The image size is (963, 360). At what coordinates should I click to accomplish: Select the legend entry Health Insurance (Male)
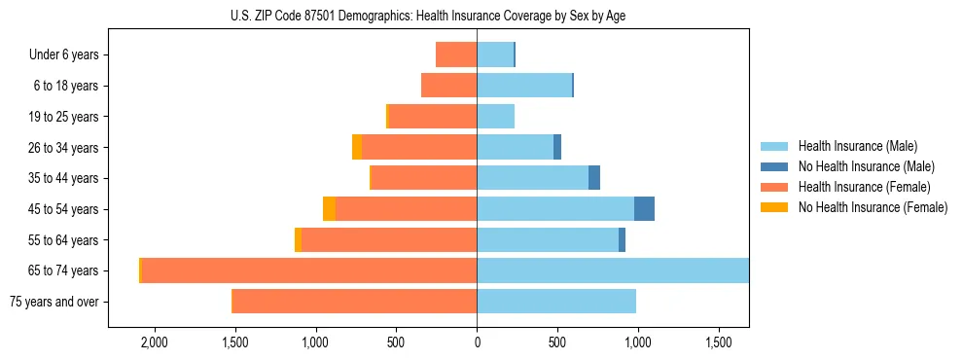click(x=856, y=146)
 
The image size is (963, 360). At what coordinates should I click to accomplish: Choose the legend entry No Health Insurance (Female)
click(x=872, y=207)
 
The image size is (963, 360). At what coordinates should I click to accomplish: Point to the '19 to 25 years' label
click(x=63, y=117)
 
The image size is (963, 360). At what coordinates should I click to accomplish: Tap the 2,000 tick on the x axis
click(x=154, y=343)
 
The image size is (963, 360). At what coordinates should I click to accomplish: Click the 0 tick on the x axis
click(x=477, y=343)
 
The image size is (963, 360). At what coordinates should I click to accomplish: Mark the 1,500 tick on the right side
click(x=719, y=343)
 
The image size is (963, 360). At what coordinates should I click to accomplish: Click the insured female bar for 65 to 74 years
click(x=308, y=270)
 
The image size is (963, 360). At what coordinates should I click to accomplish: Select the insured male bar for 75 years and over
click(x=556, y=302)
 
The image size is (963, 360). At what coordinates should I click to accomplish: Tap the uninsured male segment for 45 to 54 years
click(x=644, y=209)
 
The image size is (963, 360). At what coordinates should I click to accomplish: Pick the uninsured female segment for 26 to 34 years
click(x=357, y=147)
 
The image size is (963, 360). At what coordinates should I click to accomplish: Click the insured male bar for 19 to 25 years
click(x=495, y=117)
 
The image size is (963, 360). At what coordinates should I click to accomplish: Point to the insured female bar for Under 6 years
click(x=456, y=54)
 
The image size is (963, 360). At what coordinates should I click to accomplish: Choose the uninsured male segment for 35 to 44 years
click(x=594, y=178)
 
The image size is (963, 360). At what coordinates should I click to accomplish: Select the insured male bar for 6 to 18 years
click(x=524, y=86)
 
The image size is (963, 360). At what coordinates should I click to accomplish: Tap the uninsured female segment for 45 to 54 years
click(x=329, y=209)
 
